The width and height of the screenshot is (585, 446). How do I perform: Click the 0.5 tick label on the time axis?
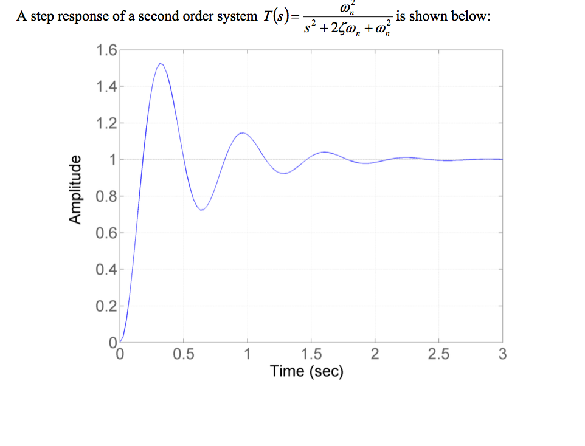184,355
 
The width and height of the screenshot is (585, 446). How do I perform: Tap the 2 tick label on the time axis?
375,355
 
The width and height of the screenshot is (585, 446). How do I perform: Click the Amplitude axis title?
75,190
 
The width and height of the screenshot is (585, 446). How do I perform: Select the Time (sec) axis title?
306,371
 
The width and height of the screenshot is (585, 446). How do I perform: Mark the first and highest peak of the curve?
160,63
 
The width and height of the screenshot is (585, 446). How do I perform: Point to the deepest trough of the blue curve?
202,210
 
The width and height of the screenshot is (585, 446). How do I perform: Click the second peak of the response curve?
242,132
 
